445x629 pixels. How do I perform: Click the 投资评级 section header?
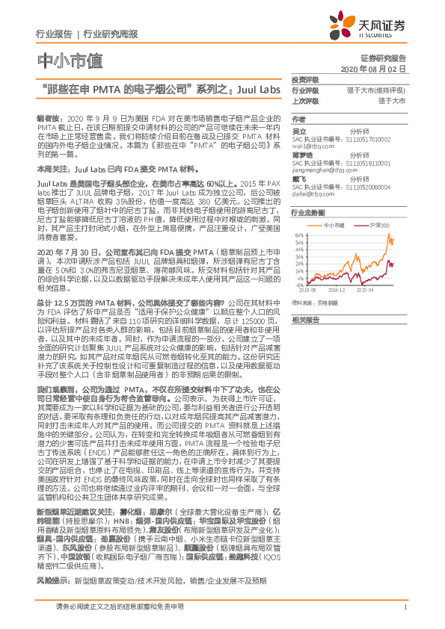coord(304,79)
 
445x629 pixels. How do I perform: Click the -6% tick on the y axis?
coord(300,285)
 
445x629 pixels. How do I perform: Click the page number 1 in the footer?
coord(405,616)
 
